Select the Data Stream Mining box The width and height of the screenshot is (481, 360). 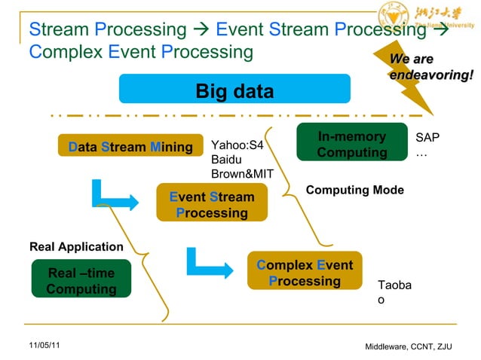pos(130,147)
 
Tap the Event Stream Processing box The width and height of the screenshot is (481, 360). pos(212,205)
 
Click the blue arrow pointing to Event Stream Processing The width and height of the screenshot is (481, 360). pos(113,196)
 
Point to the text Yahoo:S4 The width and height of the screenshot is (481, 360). pos(237,145)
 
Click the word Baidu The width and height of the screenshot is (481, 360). pos(226,160)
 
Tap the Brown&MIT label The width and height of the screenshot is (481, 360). pos(242,174)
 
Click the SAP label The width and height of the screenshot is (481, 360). pos(427,138)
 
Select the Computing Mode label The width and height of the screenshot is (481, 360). pos(354,191)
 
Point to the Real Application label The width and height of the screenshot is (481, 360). pos(75,246)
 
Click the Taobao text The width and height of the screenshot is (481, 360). pos(394,293)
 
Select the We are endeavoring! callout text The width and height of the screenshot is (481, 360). pos(430,67)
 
